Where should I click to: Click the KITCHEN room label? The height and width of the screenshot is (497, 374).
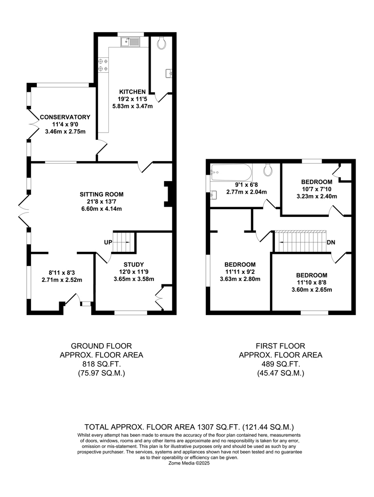pyautogui.click(x=133, y=92)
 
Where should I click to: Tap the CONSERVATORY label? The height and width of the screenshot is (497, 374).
pyautogui.click(x=65, y=117)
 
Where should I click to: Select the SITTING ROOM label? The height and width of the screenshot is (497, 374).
pyautogui.click(x=102, y=194)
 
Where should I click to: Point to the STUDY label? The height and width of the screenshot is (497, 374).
pyautogui.click(x=134, y=265)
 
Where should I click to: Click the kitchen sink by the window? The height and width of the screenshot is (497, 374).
pyautogui.click(x=130, y=42)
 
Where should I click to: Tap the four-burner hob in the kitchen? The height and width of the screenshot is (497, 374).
pyautogui.click(x=103, y=65)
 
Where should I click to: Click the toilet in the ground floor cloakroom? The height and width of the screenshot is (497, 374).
pyautogui.click(x=161, y=43)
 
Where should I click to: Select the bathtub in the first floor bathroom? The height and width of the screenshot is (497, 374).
pyautogui.click(x=232, y=172)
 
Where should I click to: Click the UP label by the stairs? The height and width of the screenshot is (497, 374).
pyautogui.click(x=108, y=243)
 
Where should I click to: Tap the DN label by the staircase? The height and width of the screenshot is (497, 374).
pyautogui.click(x=331, y=243)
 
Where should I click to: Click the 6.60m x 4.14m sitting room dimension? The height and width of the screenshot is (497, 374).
pyautogui.click(x=102, y=209)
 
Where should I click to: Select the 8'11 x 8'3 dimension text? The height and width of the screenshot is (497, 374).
pyautogui.click(x=62, y=273)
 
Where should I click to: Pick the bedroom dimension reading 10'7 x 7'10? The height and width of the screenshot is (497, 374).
pyautogui.click(x=317, y=189)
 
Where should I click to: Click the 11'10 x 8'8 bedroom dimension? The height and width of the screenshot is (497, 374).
pyautogui.click(x=312, y=282)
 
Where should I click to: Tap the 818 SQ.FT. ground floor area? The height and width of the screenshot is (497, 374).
pyautogui.click(x=102, y=364)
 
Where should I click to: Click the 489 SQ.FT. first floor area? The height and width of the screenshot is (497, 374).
pyautogui.click(x=281, y=364)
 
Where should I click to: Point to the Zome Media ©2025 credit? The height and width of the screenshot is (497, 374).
pyautogui.click(x=189, y=463)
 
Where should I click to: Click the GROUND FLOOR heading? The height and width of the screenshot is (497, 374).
pyautogui.click(x=101, y=346)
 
